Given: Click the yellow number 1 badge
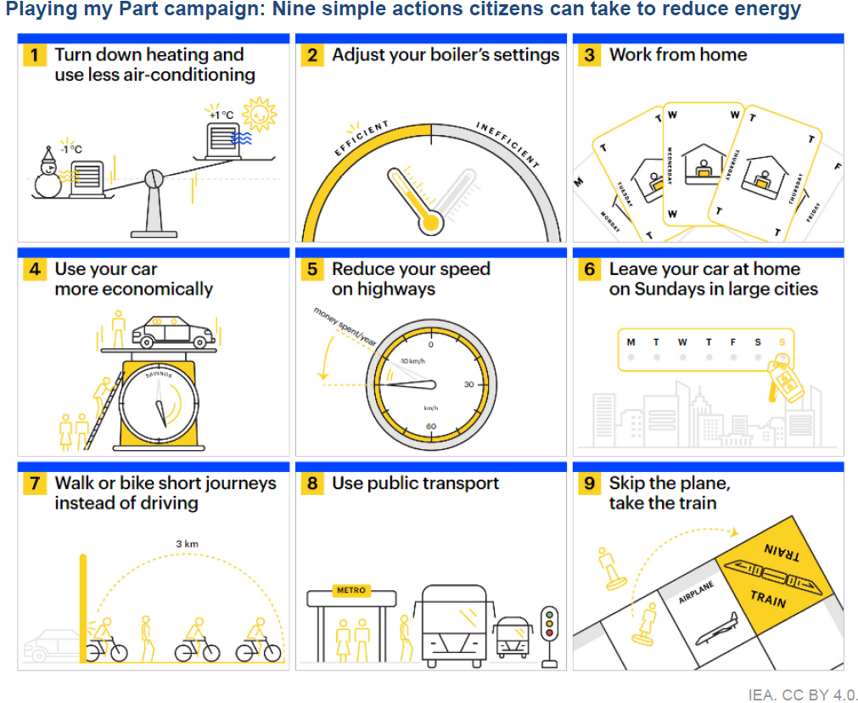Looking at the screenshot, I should (35, 56).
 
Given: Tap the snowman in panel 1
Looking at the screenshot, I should (48, 174).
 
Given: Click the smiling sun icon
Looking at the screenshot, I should (259, 112).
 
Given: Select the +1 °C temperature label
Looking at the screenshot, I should (220, 114).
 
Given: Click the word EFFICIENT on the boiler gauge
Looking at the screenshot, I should (362, 139).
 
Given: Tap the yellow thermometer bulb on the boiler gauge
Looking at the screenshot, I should (432, 222).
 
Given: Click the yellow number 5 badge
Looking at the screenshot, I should (312, 270).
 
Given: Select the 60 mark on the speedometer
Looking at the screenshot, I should (431, 426).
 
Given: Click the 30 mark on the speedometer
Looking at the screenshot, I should (468, 385).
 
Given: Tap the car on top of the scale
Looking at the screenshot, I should (174, 331).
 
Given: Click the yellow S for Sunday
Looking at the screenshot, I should (782, 342).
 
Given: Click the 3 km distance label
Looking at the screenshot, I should (188, 543).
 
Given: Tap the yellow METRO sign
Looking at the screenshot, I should (351, 590).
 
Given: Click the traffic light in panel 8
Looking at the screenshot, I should (550, 624).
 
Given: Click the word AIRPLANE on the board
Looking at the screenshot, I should (697, 593).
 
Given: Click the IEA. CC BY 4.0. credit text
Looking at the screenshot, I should (803, 694).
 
